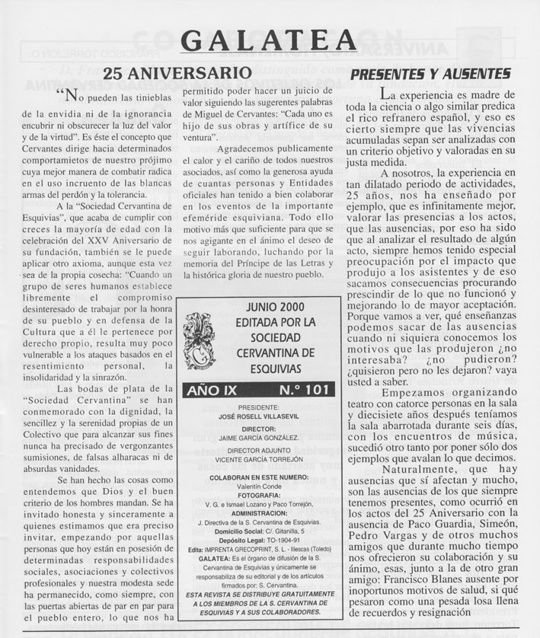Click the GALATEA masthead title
click(x=270, y=40)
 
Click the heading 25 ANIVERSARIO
click(x=177, y=74)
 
